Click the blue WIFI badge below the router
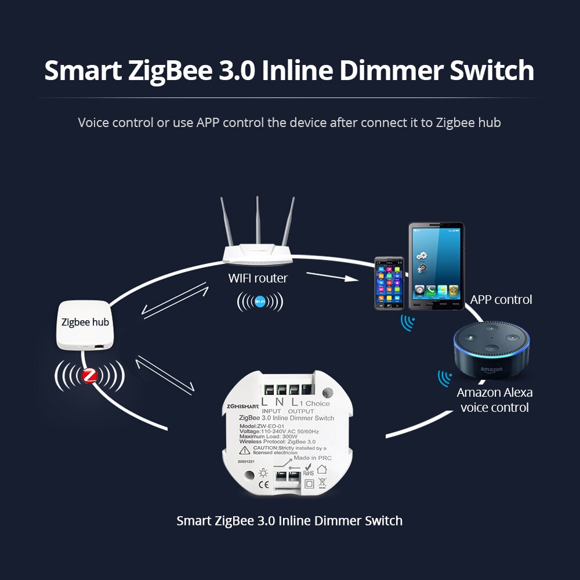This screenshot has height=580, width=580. (260, 301)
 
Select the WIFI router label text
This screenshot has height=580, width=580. (258, 278)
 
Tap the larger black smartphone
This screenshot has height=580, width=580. (436, 266)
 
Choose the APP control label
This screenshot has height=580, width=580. (501, 300)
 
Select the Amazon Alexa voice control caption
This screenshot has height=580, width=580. (495, 400)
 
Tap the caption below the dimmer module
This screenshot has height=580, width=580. (289, 520)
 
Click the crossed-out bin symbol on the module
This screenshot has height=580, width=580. (322, 483)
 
